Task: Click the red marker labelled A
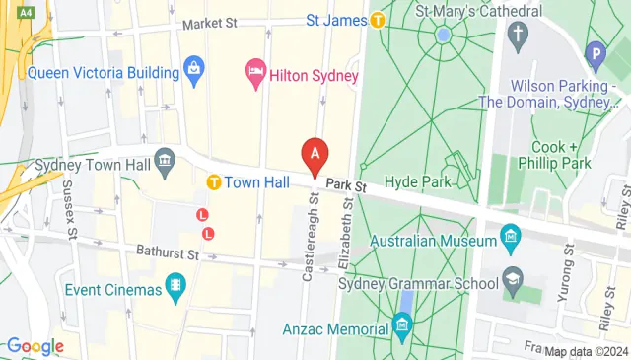click(x=315, y=155)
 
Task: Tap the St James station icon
click(x=378, y=19)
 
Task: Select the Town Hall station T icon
click(x=213, y=182)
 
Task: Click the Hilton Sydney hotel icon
click(x=254, y=71)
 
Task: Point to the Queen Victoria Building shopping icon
click(x=193, y=71)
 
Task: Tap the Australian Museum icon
click(x=510, y=237)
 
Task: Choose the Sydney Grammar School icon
click(x=511, y=279)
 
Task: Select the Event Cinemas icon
click(x=175, y=287)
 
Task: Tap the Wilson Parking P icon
click(x=595, y=53)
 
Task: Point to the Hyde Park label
click(x=424, y=181)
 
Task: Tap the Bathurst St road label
click(x=168, y=253)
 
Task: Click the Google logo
click(x=35, y=346)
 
